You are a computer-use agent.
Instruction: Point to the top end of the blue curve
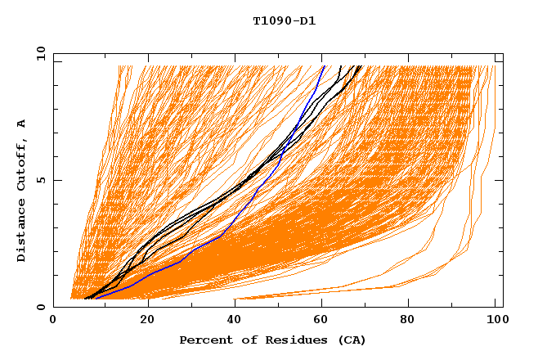click(324, 66)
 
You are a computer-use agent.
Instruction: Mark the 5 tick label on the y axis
click(41, 180)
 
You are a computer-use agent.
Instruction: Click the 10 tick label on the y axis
click(38, 53)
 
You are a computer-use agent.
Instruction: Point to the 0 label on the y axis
click(41, 307)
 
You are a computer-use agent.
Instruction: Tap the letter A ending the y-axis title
click(22, 124)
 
